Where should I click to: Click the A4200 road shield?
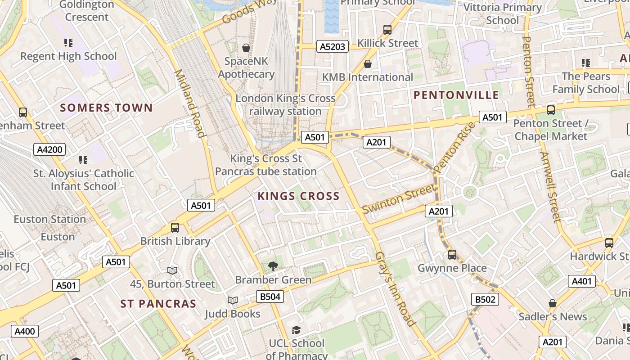[x=49, y=149]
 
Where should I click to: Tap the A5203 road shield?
[x=333, y=46]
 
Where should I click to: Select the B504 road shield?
[x=270, y=296]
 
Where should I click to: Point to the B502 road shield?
[x=485, y=299]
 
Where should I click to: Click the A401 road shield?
[x=582, y=282]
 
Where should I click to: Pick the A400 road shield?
[x=25, y=332]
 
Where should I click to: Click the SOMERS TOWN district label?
[x=106, y=108]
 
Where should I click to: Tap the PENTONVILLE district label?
[x=456, y=95]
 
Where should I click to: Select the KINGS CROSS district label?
[x=298, y=196]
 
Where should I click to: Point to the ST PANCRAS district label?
[x=158, y=304]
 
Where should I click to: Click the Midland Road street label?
[x=189, y=103]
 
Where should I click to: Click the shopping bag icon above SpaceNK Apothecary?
[x=246, y=47]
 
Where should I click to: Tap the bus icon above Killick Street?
[x=387, y=30]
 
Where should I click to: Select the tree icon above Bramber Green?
[x=273, y=266]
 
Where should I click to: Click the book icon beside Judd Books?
[x=232, y=300]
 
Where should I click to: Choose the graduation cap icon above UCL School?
[x=296, y=330]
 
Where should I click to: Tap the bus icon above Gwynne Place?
[x=452, y=255]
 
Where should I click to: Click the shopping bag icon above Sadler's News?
[x=553, y=303]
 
